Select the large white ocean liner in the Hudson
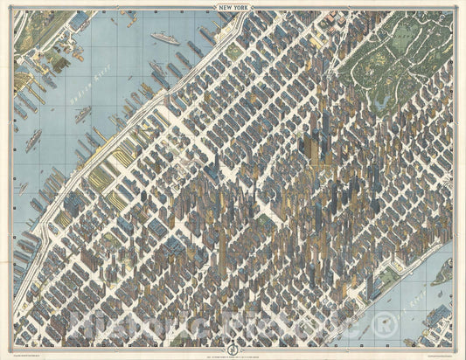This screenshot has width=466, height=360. (164, 38)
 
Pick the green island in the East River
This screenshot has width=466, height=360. (443, 272)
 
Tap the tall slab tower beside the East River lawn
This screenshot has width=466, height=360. (371, 283)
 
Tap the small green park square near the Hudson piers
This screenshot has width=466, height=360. (233, 52)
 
